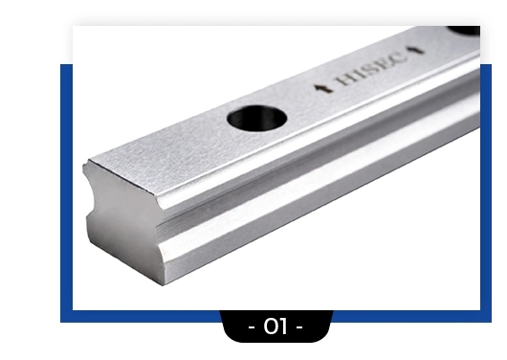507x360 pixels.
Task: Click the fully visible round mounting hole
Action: (257, 118)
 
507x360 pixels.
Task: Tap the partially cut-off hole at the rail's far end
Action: (464, 30)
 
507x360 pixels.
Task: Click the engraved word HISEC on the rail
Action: (371, 69)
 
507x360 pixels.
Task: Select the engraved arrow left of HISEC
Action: (323, 88)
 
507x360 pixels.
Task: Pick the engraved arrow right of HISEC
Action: (415, 50)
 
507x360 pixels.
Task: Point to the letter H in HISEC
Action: (344, 79)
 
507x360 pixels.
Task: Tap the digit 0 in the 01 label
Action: (271, 326)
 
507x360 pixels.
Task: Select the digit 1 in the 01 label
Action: (283, 326)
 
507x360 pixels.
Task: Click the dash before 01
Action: (252, 327)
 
